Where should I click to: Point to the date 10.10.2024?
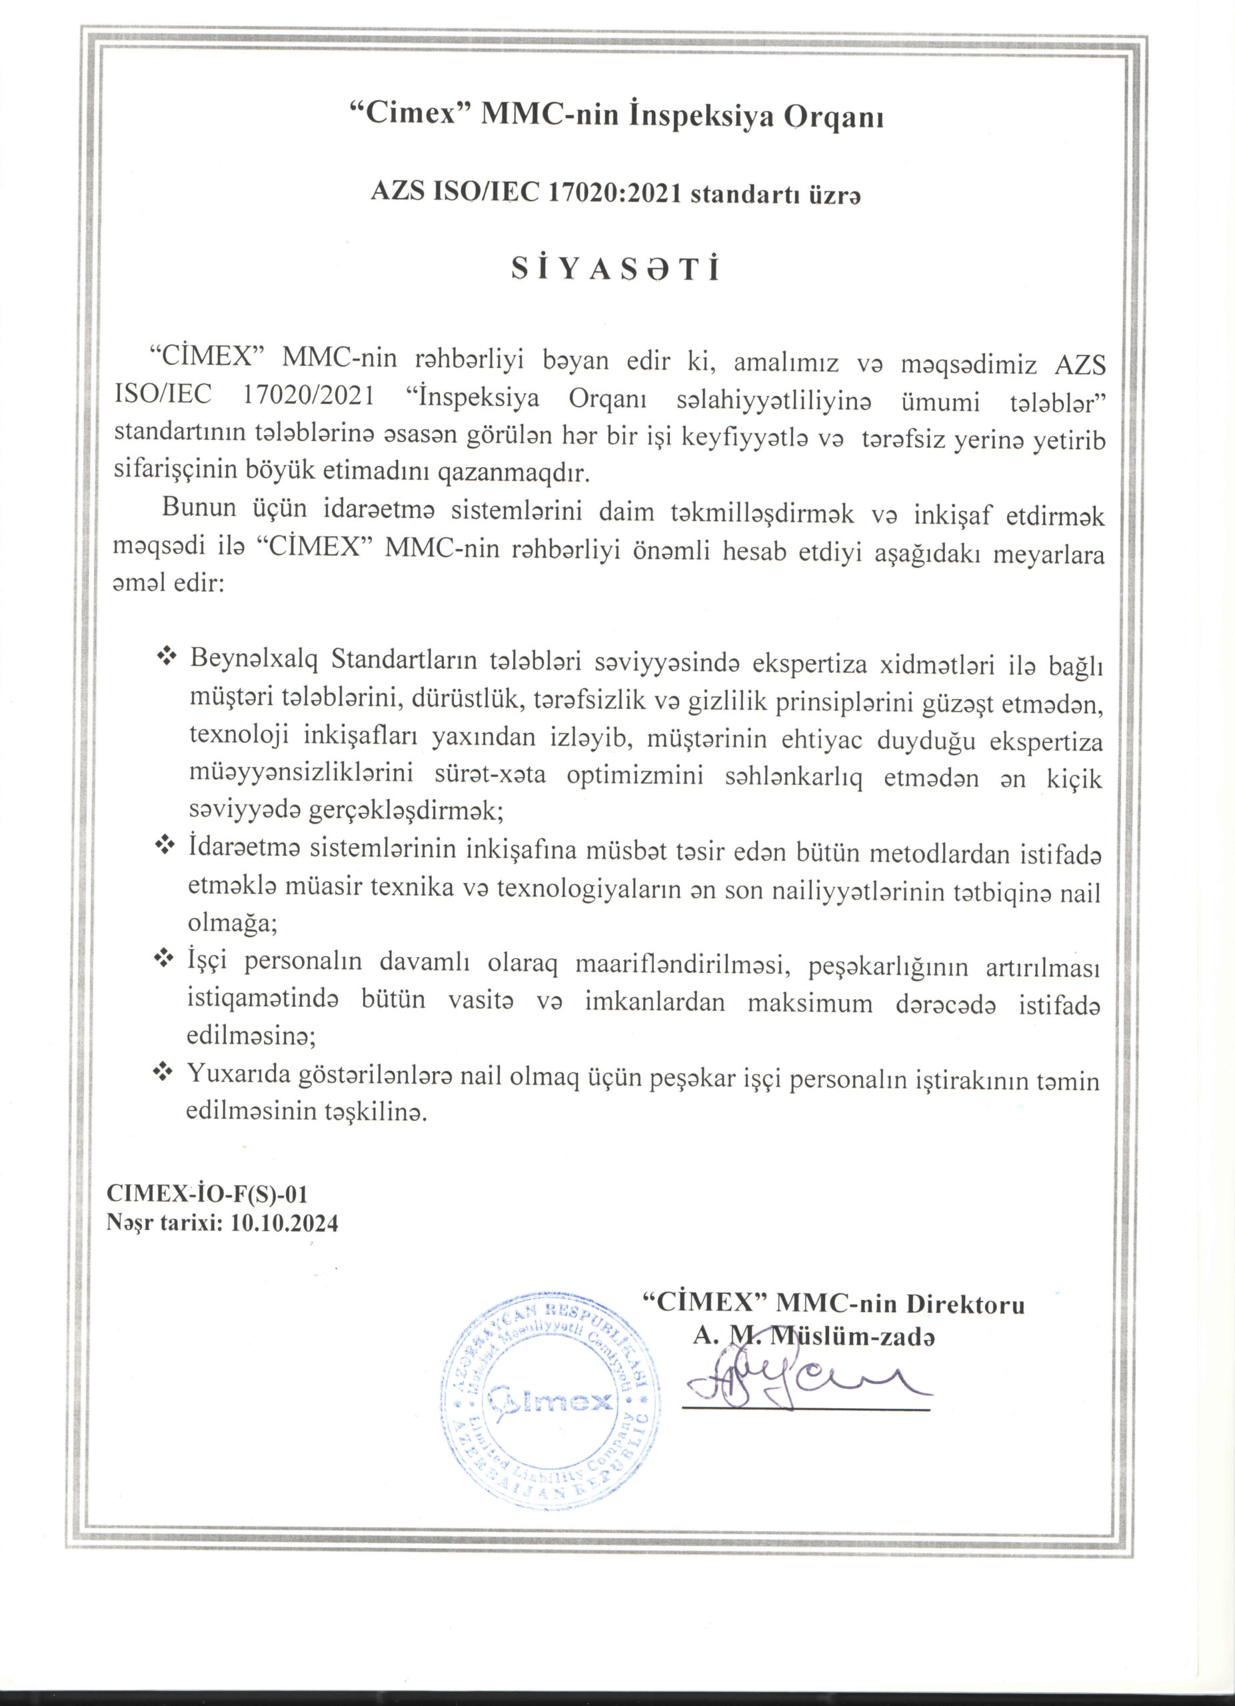tap(285, 1223)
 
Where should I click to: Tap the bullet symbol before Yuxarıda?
tap(164, 1072)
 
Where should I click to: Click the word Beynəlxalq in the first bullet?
tap(256, 660)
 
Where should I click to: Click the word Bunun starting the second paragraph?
tap(201, 510)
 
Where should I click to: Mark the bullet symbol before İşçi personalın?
tap(164, 959)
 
